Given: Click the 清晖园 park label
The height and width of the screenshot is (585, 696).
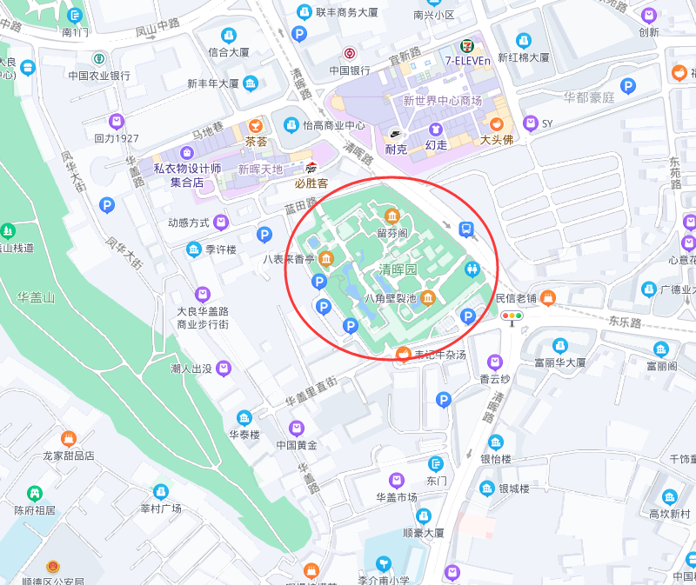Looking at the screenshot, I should tap(398, 270).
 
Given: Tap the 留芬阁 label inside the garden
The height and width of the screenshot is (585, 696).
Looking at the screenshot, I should tap(392, 233).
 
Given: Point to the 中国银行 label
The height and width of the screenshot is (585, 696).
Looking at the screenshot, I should tap(350, 70).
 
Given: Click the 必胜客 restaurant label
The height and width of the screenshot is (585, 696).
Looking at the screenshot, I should tap(311, 183).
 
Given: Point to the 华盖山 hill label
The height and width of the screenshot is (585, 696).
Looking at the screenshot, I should tap(36, 297).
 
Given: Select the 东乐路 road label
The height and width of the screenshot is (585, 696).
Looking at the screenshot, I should tap(624, 322).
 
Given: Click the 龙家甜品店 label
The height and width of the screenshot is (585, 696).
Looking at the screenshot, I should tap(68, 455).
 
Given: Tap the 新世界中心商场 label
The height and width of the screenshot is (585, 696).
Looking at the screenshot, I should tap(442, 101).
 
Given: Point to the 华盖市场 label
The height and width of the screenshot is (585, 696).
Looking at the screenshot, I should tap(397, 497).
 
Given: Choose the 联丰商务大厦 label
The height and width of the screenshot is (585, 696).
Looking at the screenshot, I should tap(346, 13).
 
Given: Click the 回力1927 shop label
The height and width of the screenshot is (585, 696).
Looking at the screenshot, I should tap(117, 138).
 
